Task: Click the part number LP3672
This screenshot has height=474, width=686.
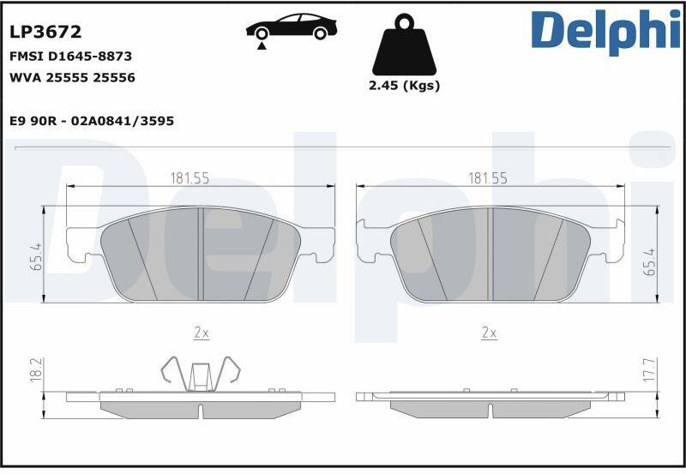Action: click(x=45, y=32)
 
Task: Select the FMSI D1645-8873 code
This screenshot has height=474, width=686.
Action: click(x=70, y=57)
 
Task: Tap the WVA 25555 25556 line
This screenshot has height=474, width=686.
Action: click(x=72, y=78)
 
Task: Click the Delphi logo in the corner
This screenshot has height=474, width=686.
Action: click(x=605, y=32)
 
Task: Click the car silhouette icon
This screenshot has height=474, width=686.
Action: click(x=292, y=27)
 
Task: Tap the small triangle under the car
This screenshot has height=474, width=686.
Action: click(x=262, y=46)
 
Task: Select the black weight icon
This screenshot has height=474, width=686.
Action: click(x=404, y=45)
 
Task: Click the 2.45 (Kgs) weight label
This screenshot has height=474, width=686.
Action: click(x=404, y=85)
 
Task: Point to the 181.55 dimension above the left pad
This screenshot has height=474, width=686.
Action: click(x=190, y=178)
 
